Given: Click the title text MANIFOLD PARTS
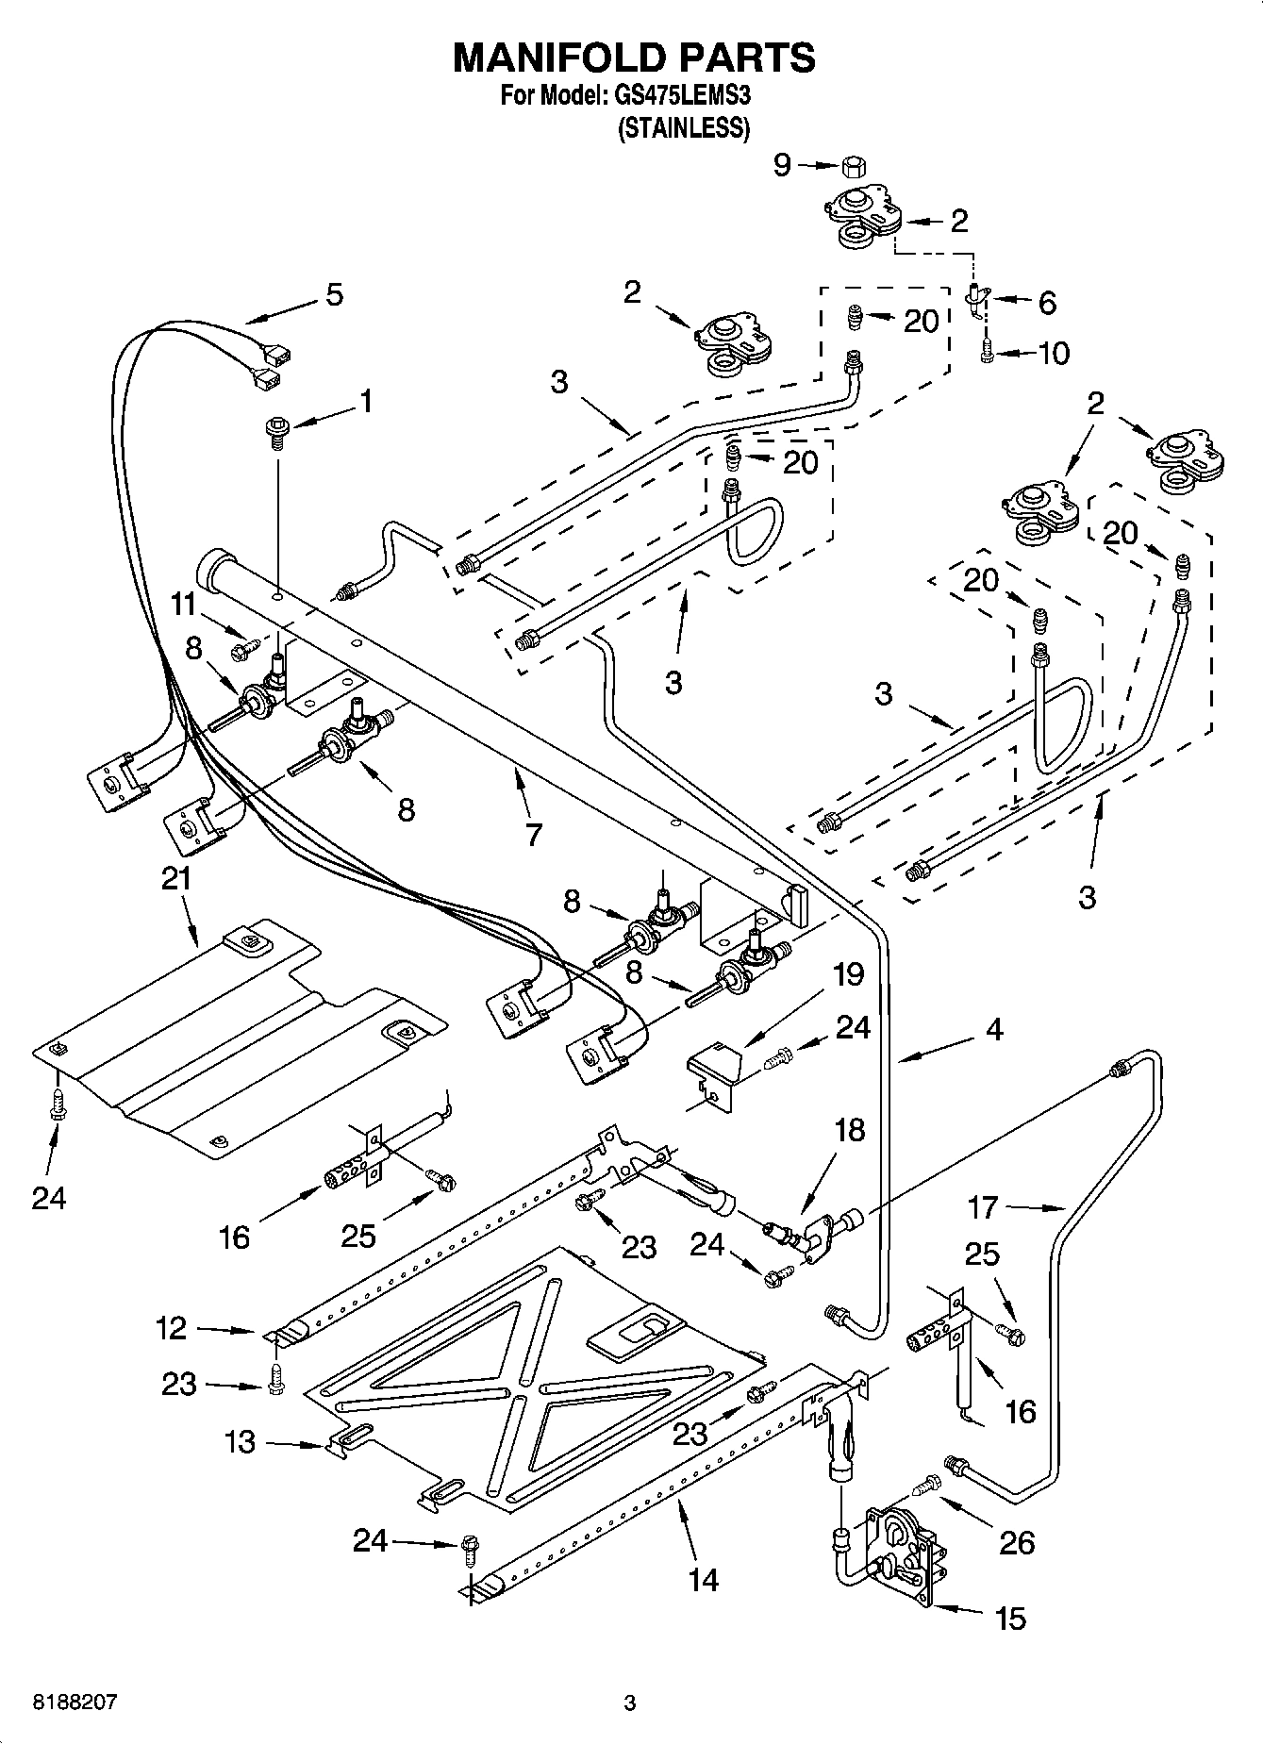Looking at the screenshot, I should [634, 58].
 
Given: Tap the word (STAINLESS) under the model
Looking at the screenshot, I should [683, 128].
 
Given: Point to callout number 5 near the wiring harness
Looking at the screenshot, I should [334, 294].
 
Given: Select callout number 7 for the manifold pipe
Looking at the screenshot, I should [534, 834].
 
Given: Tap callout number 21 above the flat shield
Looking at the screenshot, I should [175, 879].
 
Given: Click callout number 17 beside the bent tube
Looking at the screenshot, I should [982, 1206].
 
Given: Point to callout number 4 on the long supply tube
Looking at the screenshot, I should [993, 1029].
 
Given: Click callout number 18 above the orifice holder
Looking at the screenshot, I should [850, 1129].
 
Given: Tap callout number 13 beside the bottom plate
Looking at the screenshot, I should [241, 1442].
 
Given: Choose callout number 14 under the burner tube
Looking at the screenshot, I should [704, 1579].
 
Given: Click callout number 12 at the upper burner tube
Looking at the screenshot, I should [171, 1329].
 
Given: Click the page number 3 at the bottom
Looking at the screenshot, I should [630, 1703].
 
